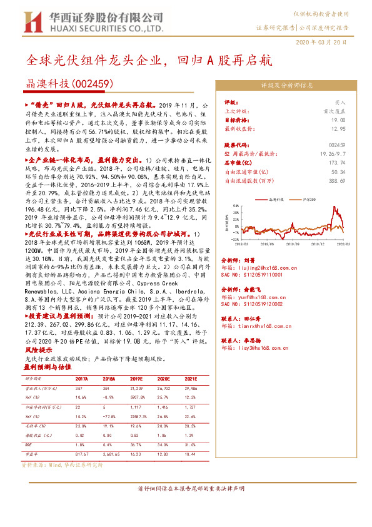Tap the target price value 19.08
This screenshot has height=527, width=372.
point(337,120)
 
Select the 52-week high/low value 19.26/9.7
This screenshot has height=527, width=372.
point(329,153)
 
